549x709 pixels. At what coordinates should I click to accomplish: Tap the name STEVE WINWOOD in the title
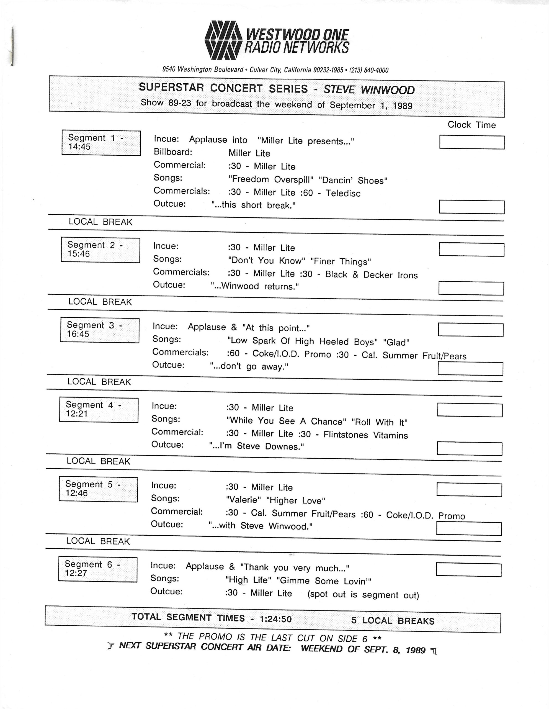[x=369, y=90]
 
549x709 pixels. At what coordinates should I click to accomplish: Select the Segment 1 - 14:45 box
[x=101, y=143]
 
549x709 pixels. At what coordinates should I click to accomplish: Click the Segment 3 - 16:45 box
[x=100, y=330]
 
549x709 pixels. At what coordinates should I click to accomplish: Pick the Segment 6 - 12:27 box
[x=98, y=569]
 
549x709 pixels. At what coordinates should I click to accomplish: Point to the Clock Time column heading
[x=471, y=125]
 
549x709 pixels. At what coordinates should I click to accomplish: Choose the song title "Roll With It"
[x=379, y=422]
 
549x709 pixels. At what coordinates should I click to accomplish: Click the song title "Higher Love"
[x=295, y=500]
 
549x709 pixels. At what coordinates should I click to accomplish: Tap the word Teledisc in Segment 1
[x=343, y=193]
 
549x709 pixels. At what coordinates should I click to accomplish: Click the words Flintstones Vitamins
[x=365, y=435]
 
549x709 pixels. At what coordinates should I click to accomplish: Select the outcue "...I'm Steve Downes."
[x=256, y=446]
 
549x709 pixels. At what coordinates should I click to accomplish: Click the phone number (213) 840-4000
[x=368, y=70]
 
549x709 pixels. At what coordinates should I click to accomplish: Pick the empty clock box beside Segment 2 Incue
[x=471, y=249]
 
